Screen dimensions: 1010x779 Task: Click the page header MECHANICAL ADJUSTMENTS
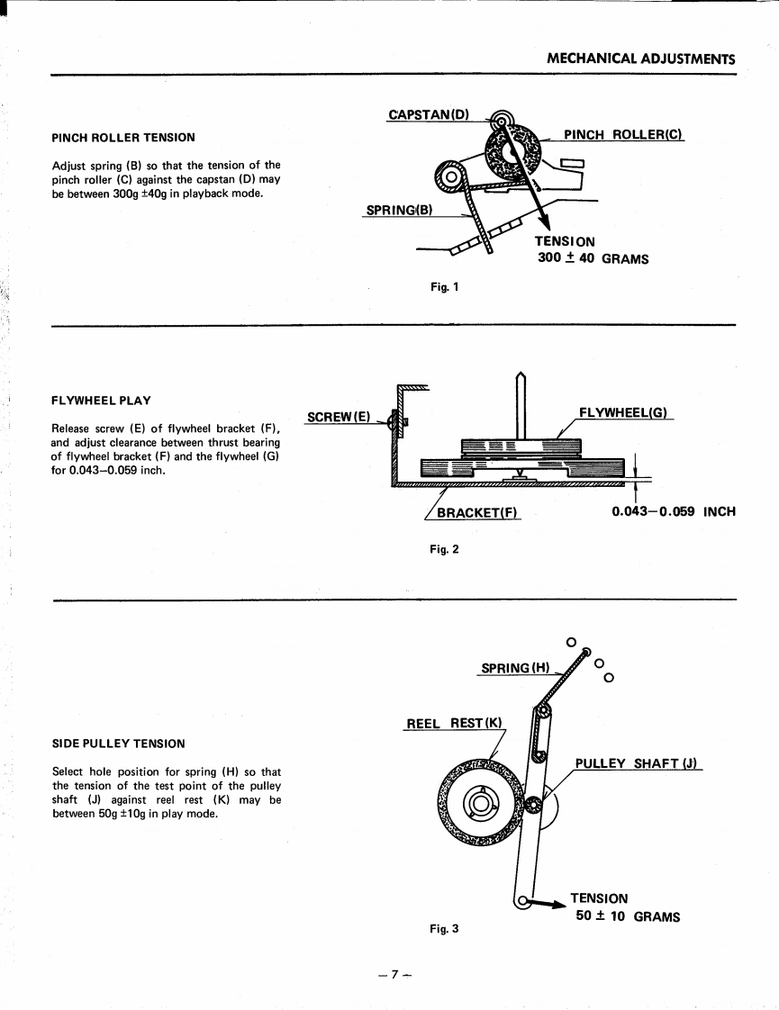click(641, 59)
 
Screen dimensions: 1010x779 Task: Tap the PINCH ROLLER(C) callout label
click(623, 134)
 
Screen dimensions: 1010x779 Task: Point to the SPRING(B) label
click(399, 211)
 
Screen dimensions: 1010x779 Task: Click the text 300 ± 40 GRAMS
click(593, 259)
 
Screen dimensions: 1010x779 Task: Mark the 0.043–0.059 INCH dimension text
click(673, 511)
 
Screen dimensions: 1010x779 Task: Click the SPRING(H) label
click(514, 668)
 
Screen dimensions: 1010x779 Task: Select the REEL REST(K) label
click(455, 724)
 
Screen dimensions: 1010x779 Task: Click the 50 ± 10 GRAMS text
click(628, 917)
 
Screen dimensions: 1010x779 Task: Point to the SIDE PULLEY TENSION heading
click(119, 744)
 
